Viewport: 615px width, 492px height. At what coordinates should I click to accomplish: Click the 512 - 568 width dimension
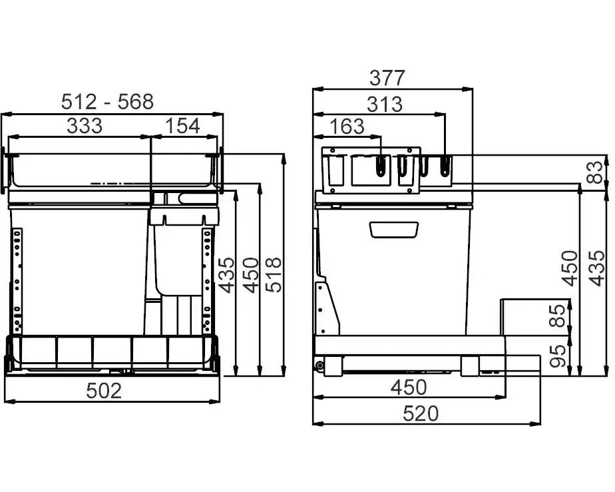point(107,102)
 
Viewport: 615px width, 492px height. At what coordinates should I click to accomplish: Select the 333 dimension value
point(85,126)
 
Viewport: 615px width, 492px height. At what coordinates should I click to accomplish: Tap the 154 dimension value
point(182,126)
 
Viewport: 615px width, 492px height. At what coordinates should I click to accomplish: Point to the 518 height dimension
point(274,275)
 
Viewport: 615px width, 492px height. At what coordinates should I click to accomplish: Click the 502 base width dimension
point(104,391)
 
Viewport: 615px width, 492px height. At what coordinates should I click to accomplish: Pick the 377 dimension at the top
point(387,78)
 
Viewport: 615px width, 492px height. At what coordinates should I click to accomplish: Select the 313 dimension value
point(385,105)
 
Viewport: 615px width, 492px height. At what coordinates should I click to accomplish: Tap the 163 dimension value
point(347,126)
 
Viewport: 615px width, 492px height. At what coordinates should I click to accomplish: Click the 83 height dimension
point(596,172)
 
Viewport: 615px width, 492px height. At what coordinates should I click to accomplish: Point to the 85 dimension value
point(557,316)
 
